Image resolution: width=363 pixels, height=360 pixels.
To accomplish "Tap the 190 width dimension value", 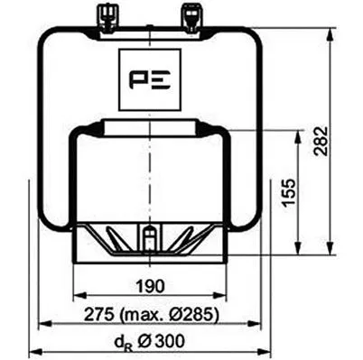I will coord(150,286).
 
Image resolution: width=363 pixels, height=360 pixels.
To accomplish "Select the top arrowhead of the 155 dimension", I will coord(296,135).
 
